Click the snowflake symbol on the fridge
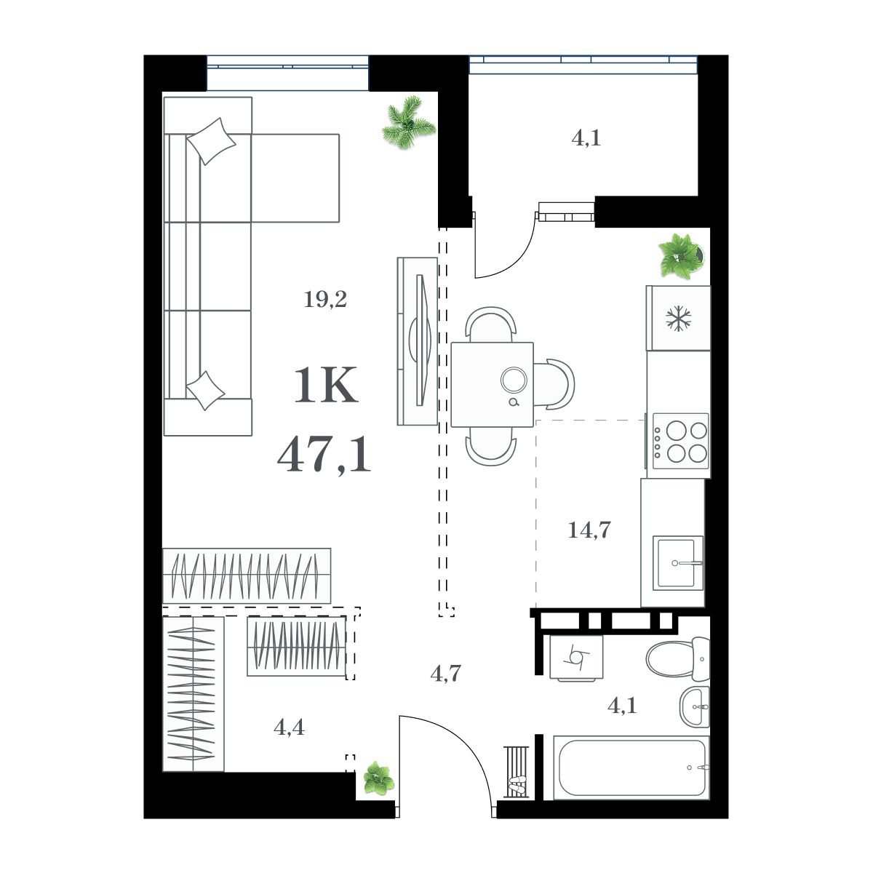pos(679,319)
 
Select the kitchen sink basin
pos(677,563)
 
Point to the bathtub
pos(630,768)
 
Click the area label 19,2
pos(325,299)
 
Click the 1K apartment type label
pos(325,386)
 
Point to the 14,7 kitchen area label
pos(589,530)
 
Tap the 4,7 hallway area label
pos(445,674)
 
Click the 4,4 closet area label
pos(289,726)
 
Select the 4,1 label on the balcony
pos(586,137)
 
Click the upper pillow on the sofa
pos(211,141)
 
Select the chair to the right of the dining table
pos(557,384)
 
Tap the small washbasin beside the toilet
pos(695,706)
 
